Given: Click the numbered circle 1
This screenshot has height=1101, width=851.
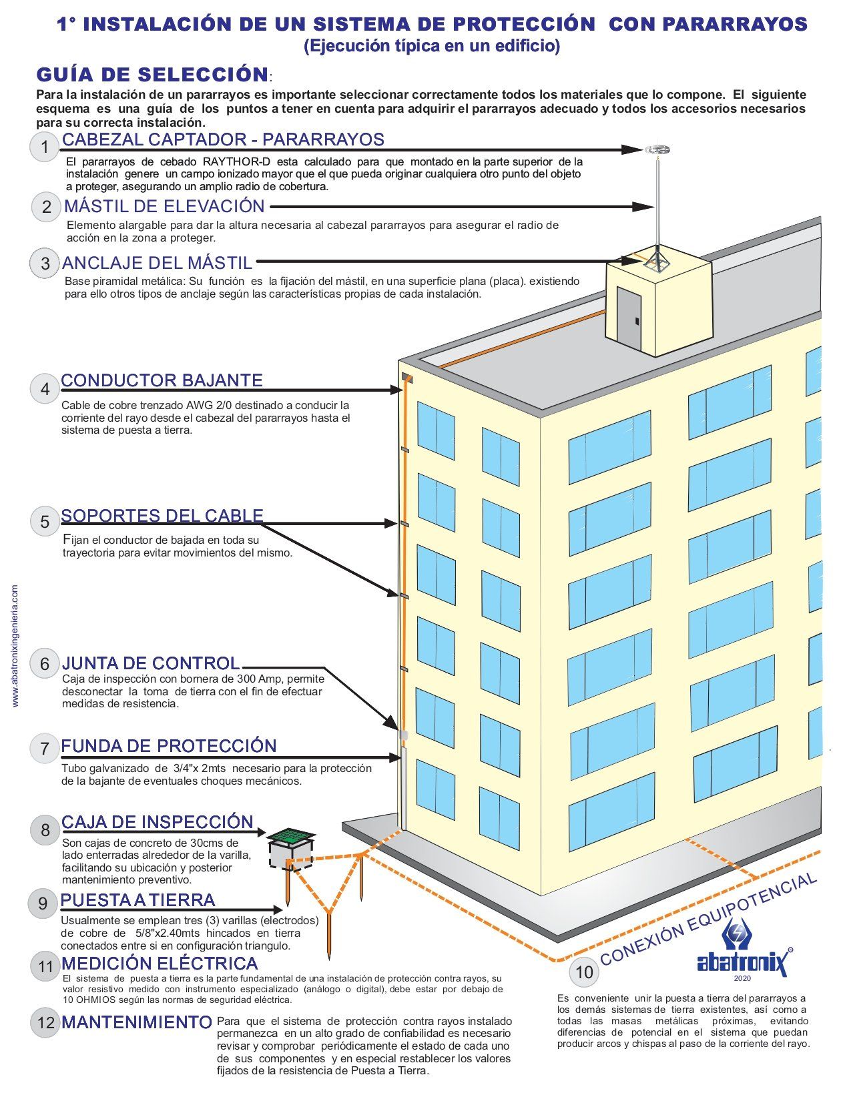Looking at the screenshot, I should click(45, 147).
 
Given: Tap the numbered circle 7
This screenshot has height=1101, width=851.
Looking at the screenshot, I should click(45, 748).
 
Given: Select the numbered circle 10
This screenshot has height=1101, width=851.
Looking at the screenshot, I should click(584, 972).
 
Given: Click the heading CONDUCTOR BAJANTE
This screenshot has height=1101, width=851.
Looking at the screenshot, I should click(162, 380).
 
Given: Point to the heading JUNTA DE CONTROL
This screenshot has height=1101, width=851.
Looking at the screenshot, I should click(150, 663).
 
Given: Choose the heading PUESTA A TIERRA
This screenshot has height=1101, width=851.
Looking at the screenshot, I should click(137, 900).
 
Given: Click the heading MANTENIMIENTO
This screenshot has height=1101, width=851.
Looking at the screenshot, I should click(137, 1022).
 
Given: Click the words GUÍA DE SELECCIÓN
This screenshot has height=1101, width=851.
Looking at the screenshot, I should click(152, 74).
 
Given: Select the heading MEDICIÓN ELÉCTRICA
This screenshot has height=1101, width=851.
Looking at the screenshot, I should click(160, 964).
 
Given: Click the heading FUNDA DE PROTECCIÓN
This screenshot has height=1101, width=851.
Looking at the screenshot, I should click(169, 746).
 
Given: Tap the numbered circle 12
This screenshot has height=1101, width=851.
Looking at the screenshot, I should click(45, 1022).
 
